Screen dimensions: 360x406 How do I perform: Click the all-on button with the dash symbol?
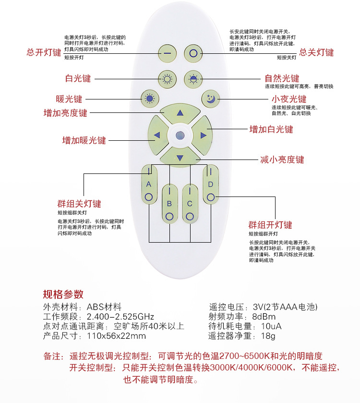click(167, 52)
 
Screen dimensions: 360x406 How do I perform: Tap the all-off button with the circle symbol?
click(193, 52)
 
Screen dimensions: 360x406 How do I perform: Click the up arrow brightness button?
click(180, 113)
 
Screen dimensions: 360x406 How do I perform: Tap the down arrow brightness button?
click(180, 157)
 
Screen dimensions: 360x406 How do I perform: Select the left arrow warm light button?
click(157, 135)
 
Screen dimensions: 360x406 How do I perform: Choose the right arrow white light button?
click(203, 135)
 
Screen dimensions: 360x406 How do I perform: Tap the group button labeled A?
click(149, 185)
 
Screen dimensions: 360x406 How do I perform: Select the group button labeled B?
click(169, 204)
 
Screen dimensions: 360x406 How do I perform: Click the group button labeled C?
click(190, 204)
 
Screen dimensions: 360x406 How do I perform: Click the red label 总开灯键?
click(44, 52)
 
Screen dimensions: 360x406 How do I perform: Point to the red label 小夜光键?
click(289, 99)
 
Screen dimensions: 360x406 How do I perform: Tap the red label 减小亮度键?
click(282, 160)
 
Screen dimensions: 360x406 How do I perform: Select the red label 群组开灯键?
click(270, 225)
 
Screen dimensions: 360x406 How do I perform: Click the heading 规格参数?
click(63, 294)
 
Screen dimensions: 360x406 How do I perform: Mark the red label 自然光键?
click(282, 78)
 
